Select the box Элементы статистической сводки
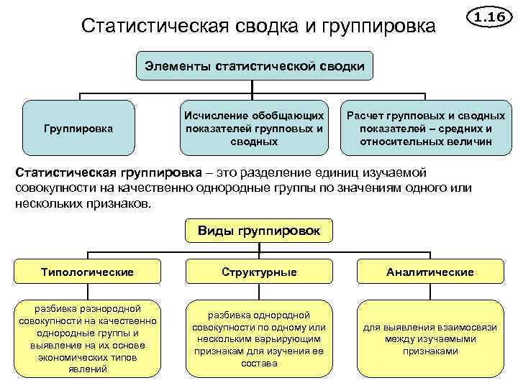click(255, 66)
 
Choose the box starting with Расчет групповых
click(426, 128)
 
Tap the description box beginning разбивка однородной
click(259, 338)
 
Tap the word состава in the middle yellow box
click(259, 364)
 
